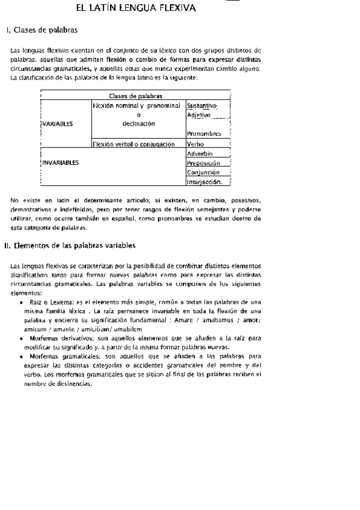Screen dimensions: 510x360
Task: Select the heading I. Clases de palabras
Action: coord(41,29)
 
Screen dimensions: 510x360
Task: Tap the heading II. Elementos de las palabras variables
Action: coord(70,245)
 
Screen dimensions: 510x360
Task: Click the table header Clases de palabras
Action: coord(135,95)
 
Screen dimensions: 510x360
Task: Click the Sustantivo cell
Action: coord(201,106)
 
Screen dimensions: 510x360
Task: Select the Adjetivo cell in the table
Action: coord(198,115)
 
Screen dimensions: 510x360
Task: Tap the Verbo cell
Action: coord(195,144)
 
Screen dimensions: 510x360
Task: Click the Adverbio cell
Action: coord(200,153)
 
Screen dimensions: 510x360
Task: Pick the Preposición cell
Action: coord(203,163)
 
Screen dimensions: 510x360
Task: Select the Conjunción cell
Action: coord(203,172)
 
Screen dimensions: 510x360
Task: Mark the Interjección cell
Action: coord(204,182)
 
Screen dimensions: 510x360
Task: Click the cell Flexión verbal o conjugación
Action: coord(133,144)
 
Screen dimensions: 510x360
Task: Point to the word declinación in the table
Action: coord(138,124)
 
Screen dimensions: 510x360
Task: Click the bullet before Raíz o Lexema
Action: coord(22,301)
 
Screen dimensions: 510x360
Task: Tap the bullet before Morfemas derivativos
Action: coord(22,339)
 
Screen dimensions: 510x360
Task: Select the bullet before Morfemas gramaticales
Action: coord(22,357)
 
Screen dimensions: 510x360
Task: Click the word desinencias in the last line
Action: coord(73,384)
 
